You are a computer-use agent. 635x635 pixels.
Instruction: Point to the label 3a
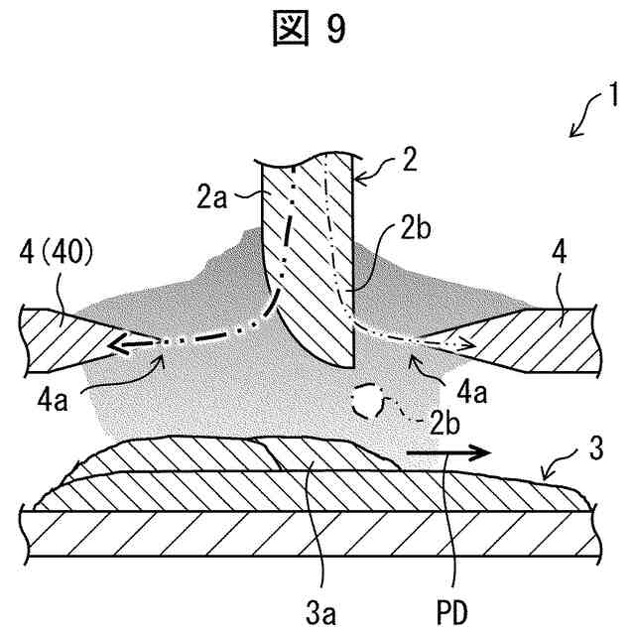(x=320, y=599)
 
